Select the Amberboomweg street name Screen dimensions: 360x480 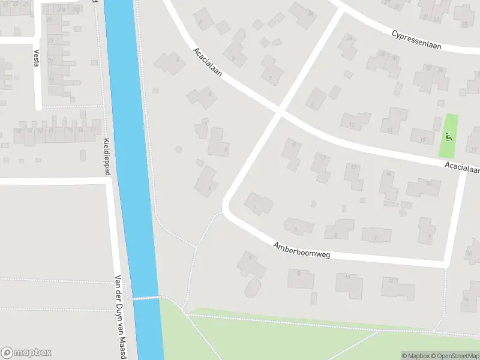pyautogui.click(x=301, y=251)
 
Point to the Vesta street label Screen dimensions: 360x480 pyautogui.click(x=36, y=57)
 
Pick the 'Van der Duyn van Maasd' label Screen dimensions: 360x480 pyautogui.click(x=120, y=318)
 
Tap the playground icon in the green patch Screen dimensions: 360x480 pyautogui.click(x=448, y=136)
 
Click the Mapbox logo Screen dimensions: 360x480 pyautogui.click(x=26, y=353)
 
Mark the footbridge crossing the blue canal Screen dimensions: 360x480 pyautogui.click(x=146, y=298)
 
